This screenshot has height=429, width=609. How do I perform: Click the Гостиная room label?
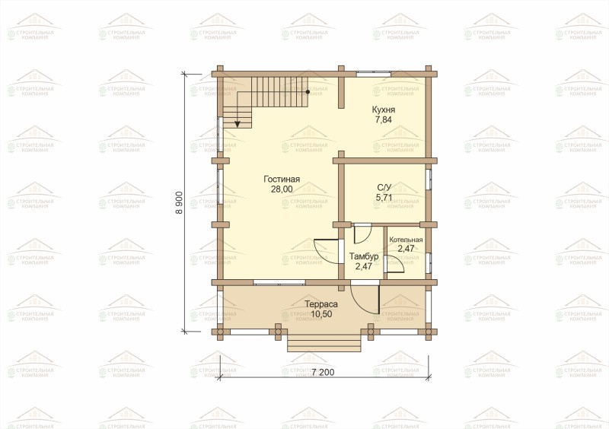[x=282, y=180]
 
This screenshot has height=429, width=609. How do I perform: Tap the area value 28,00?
[x=282, y=189]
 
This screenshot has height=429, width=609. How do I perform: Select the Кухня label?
[x=384, y=110]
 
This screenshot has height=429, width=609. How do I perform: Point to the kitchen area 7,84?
[x=384, y=119]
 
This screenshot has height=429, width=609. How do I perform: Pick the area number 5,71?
[x=384, y=197]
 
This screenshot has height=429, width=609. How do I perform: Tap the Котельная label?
[x=406, y=240]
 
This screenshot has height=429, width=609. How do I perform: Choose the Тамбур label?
[x=364, y=256]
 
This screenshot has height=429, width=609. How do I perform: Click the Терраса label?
[x=321, y=304]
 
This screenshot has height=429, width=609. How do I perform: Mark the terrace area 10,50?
[x=321, y=314]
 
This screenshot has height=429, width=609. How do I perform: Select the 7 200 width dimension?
[x=322, y=372]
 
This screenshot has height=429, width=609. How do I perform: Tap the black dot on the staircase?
[x=308, y=92]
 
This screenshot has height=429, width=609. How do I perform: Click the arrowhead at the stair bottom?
[x=238, y=124]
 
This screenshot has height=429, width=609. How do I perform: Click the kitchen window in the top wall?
[x=374, y=71]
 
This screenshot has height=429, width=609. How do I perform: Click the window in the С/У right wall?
[x=429, y=179]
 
